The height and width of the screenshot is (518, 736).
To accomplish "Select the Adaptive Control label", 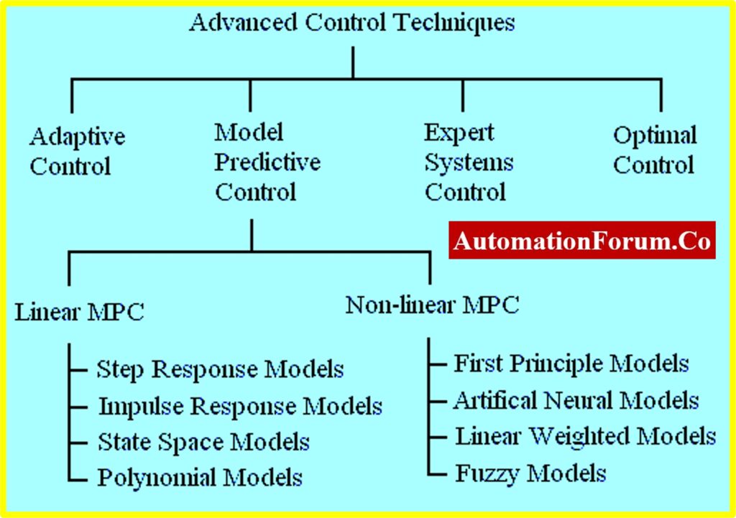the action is [x=78, y=152].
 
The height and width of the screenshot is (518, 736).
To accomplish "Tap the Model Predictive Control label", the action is [x=267, y=162].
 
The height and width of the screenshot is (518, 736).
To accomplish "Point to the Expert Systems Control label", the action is [x=469, y=162].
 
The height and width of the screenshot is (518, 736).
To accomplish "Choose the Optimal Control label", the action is [x=655, y=150].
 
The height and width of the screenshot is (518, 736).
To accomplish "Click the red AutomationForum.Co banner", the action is [x=582, y=240].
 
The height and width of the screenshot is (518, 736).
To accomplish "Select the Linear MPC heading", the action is [x=79, y=313].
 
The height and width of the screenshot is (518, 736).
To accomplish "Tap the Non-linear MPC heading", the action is [x=432, y=305].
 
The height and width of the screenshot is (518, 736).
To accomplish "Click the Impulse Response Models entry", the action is [x=240, y=407].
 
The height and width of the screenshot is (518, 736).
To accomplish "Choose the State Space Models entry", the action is [x=203, y=443].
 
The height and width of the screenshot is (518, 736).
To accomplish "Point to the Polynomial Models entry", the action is [x=200, y=478].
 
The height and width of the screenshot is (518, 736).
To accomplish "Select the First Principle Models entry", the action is [x=571, y=364].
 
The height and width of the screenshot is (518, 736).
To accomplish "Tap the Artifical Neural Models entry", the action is [x=576, y=400].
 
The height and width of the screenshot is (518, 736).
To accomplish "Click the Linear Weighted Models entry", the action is [x=586, y=436].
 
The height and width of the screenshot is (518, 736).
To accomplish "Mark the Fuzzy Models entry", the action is [x=531, y=473].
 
